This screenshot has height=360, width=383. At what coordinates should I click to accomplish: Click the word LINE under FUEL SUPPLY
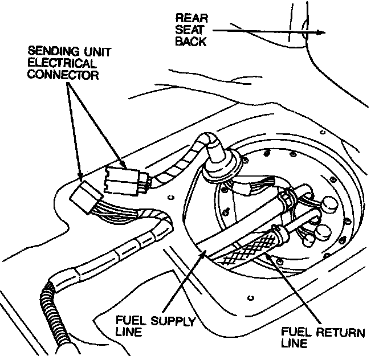coord(130,333)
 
